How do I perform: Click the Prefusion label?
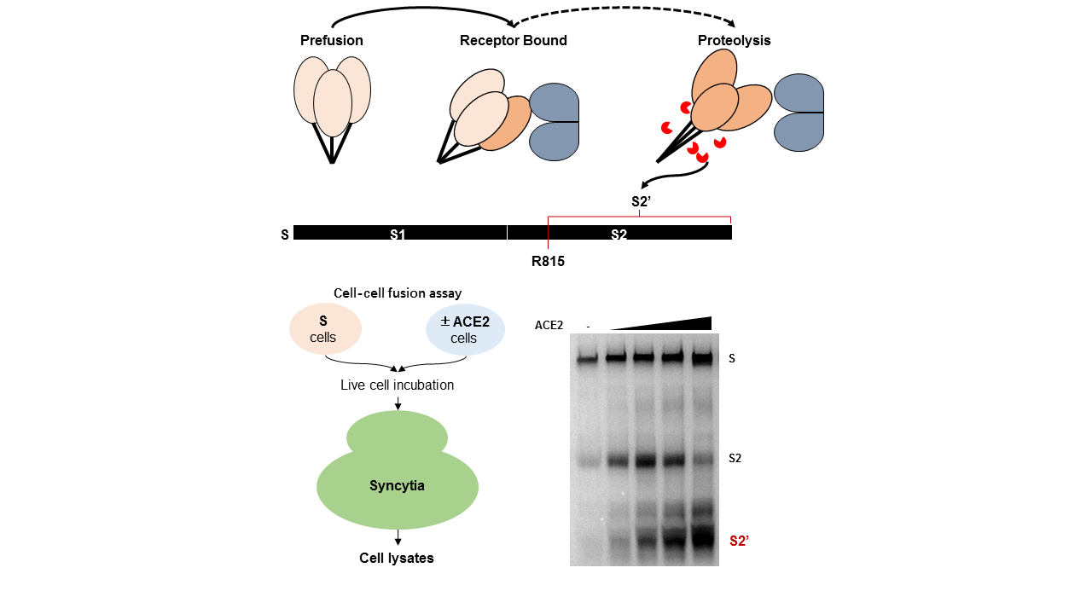(331, 41)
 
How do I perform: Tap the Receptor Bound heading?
(513, 41)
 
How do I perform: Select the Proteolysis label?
(734, 41)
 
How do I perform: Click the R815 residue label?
(548, 262)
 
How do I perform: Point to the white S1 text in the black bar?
(398, 234)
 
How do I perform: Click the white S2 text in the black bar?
(619, 234)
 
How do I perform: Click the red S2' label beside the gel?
(739, 541)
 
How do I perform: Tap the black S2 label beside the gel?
(735, 458)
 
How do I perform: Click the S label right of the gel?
(731, 359)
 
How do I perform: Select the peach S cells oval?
(325, 329)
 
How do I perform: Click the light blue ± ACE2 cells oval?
(465, 329)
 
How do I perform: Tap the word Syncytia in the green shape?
(397, 486)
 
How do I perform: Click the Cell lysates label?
(397, 559)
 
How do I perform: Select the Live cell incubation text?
(397, 385)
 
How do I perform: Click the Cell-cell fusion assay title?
(398, 293)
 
